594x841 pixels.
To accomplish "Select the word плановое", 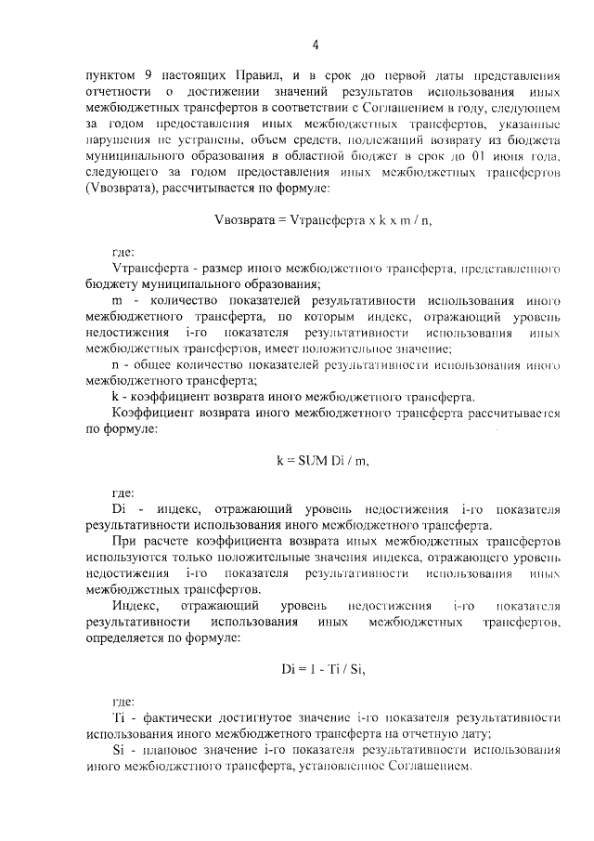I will click(171, 751).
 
